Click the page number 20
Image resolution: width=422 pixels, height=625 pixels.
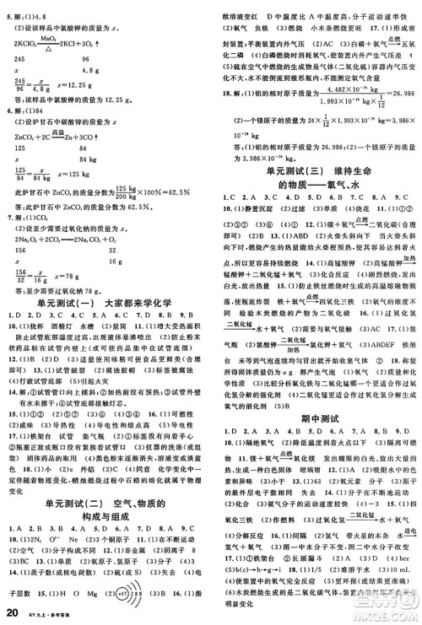coord(12,612)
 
